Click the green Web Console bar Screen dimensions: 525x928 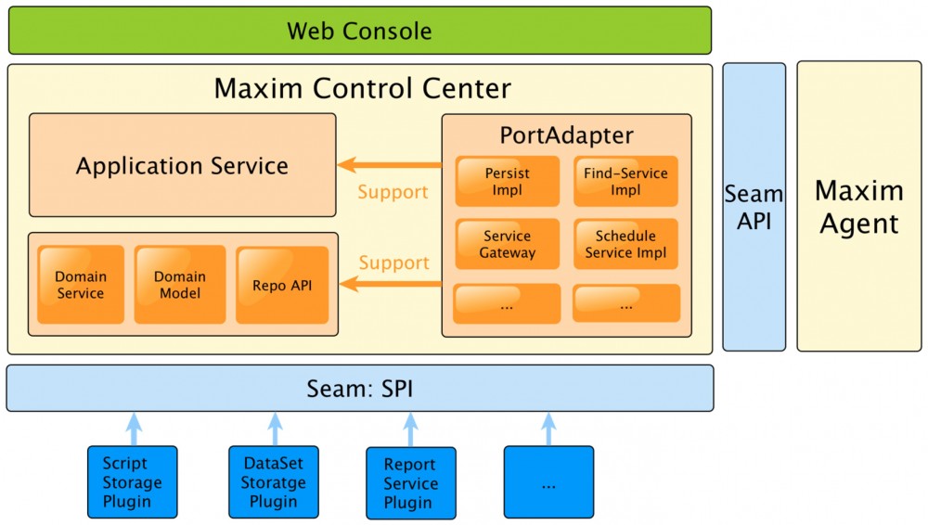[359, 31]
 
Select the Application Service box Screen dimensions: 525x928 [182, 166]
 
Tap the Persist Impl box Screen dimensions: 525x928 [507, 181]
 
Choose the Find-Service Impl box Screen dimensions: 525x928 [625, 181]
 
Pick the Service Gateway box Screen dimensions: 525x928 [507, 244]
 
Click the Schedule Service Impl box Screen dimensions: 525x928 [625, 244]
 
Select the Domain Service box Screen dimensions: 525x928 [81, 285]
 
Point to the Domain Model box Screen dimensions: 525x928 [180, 285]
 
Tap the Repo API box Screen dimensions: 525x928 [282, 285]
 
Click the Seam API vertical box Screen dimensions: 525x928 [754, 207]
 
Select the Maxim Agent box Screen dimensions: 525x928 [858, 207]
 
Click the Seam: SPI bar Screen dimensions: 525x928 [359, 388]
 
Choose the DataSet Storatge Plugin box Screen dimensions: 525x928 [273, 482]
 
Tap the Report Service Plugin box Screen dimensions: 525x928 [410, 483]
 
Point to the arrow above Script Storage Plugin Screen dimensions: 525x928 [133, 428]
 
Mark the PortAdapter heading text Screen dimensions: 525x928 [566, 135]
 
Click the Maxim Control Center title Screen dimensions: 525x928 [362, 89]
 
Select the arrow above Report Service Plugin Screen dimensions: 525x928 [411, 429]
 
